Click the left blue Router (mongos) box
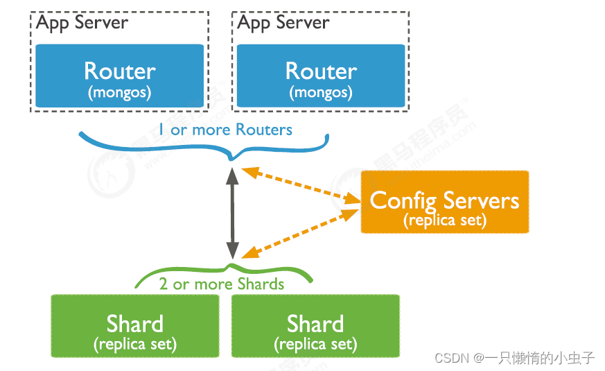pyautogui.click(x=120, y=76)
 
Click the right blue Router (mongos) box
pyautogui.click(x=321, y=76)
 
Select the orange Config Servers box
pyautogui.click(x=444, y=202)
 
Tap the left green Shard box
pyautogui.click(x=134, y=326)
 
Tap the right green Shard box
pyautogui.click(x=315, y=326)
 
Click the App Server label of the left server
pyautogui.click(x=82, y=22)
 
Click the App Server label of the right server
pyautogui.click(x=283, y=22)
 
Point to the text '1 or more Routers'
pyautogui.click(x=225, y=130)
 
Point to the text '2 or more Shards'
pyautogui.click(x=221, y=284)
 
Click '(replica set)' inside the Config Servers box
pyautogui.click(x=444, y=221)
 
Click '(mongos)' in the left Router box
pyautogui.click(x=120, y=92)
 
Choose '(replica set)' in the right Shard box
pyautogui.click(x=315, y=343)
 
